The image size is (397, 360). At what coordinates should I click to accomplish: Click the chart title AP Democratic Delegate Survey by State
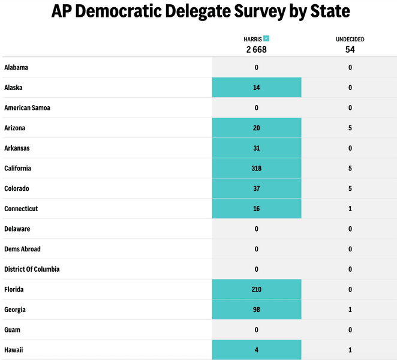[200, 11]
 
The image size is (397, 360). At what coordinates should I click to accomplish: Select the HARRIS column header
[252, 39]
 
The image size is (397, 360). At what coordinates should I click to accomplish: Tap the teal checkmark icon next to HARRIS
[266, 38]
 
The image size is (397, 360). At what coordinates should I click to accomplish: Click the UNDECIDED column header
[350, 40]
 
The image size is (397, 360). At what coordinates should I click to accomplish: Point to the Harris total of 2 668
[256, 50]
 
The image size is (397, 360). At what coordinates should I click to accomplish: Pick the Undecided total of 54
[350, 50]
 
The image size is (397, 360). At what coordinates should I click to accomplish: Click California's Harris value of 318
[256, 169]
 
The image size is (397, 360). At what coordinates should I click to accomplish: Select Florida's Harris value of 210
[256, 290]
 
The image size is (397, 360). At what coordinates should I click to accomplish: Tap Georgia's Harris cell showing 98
[256, 310]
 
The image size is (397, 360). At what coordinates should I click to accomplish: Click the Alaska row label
[13, 88]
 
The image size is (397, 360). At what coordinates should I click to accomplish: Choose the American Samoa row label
[27, 108]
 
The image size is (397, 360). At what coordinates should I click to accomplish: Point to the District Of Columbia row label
[32, 269]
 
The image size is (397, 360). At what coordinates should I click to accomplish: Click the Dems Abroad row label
[22, 249]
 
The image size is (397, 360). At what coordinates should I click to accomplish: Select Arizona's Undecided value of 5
[350, 128]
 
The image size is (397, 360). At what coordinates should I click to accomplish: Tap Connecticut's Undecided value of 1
[350, 209]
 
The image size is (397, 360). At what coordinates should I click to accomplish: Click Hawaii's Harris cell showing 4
[256, 350]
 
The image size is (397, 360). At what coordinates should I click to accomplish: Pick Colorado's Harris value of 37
[256, 189]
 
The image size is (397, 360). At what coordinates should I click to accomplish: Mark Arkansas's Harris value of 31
[256, 148]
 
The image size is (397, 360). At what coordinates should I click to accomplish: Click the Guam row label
[13, 330]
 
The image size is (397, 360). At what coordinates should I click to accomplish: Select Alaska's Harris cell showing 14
[256, 88]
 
